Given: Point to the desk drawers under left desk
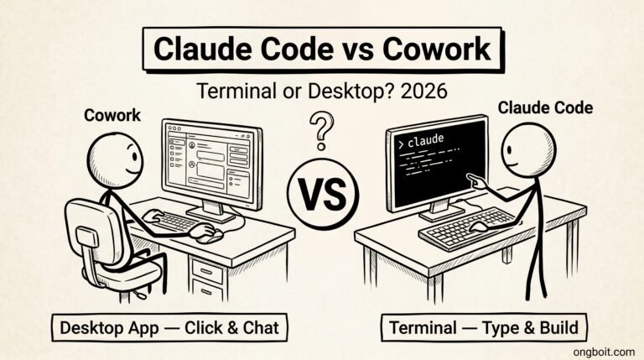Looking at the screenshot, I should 208,275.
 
